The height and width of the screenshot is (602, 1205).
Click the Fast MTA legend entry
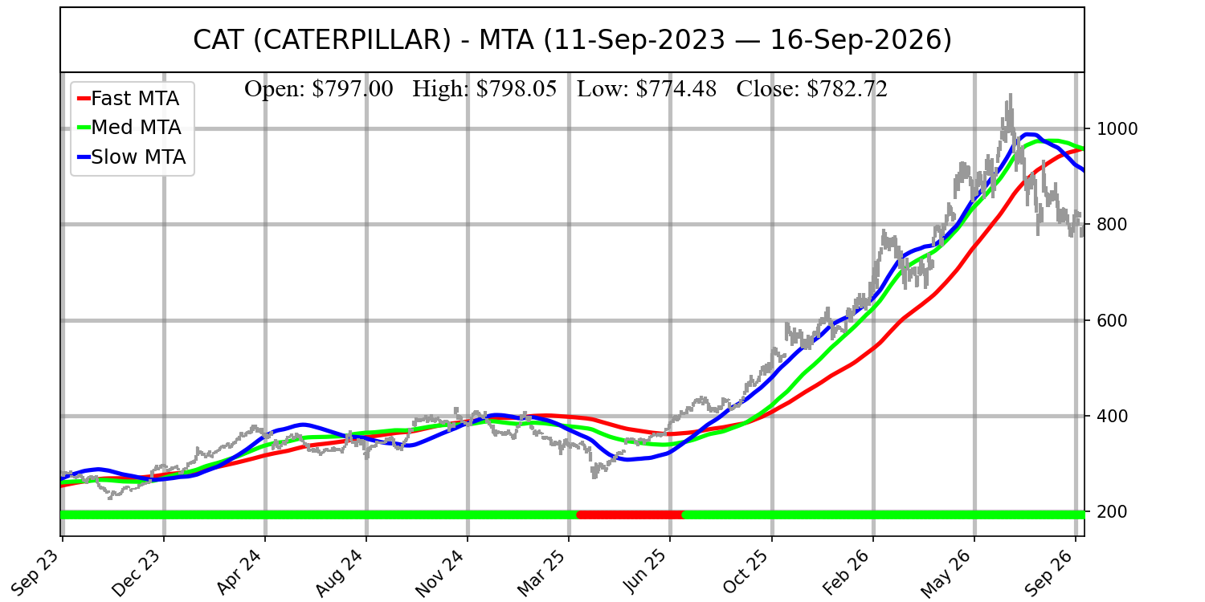click(x=129, y=99)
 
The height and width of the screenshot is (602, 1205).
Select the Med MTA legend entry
click(x=129, y=128)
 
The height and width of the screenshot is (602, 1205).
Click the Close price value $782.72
click(x=848, y=88)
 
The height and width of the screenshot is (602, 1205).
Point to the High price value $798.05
click(x=517, y=88)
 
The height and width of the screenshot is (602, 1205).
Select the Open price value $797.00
click(x=353, y=88)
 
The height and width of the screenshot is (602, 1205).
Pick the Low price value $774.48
click(x=676, y=88)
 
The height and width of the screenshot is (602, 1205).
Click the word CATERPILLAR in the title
click(x=352, y=40)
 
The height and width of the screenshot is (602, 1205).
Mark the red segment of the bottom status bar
click(x=630, y=515)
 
